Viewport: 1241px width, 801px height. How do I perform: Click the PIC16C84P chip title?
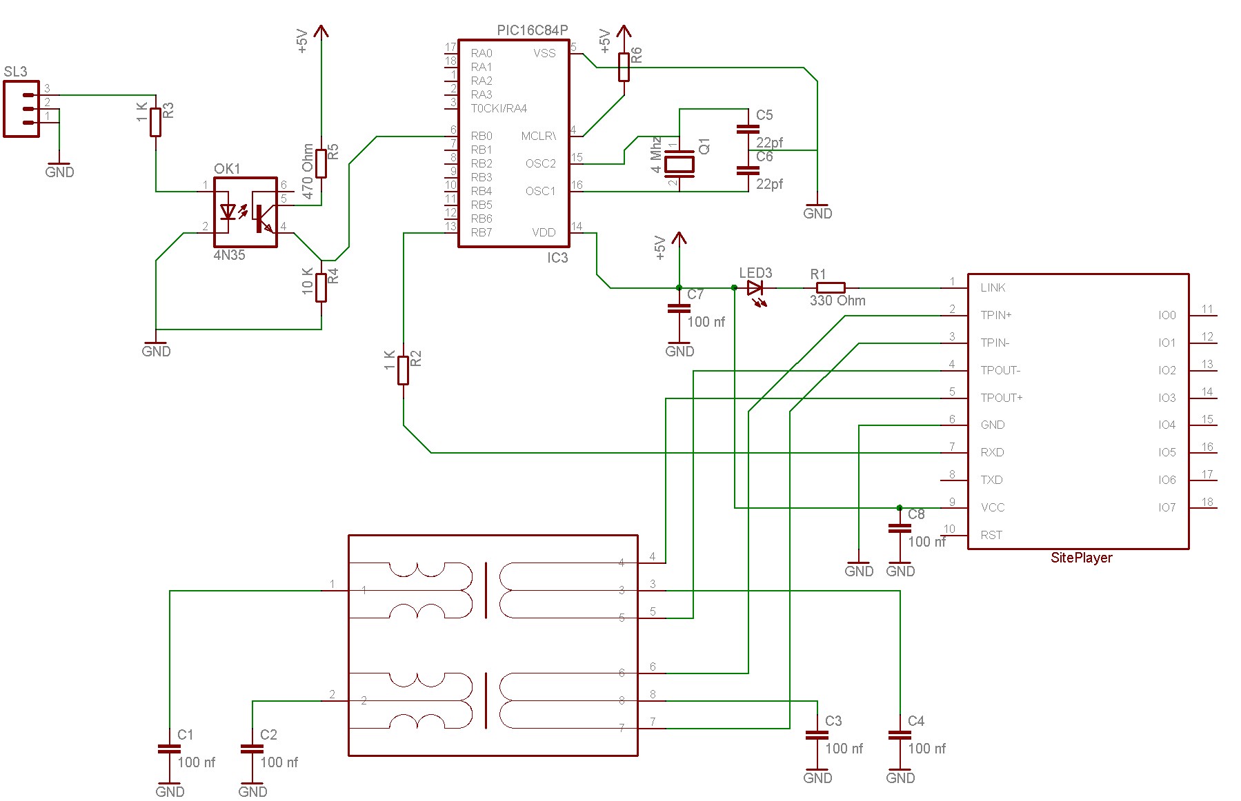(532, 30)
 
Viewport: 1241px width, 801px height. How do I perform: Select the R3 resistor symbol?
(156, 122)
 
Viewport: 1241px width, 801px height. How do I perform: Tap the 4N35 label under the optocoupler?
(229, 255)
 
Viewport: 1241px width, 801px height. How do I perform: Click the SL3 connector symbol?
(21, 109)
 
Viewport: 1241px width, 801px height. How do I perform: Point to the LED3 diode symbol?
(755, 288)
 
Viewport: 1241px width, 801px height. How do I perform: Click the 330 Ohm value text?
(837, 301)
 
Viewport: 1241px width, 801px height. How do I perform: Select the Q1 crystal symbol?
(679, 164)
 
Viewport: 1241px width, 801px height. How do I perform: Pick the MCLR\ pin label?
(538, 136)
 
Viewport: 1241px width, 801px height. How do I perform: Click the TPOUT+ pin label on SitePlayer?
(1001, 398)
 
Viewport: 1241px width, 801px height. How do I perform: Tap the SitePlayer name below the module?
(1080, 558)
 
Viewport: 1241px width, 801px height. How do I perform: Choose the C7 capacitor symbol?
(679, 309)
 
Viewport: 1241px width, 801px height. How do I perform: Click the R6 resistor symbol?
(624, 67)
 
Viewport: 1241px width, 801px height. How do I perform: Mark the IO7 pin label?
(1166, 507)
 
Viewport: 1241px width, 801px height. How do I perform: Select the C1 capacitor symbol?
(170, 749)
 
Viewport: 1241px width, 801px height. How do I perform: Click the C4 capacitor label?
(915, 721)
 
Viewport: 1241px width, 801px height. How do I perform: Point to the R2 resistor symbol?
(404, 370)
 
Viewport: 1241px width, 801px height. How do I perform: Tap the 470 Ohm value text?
(308, 171)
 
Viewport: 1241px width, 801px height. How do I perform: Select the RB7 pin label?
(481, 232)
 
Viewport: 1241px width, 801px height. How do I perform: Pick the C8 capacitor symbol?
(900, 529)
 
